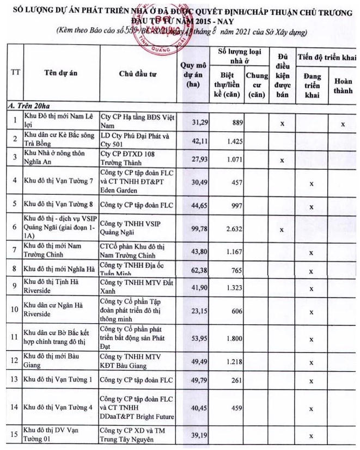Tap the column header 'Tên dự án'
click(x=60, y=75)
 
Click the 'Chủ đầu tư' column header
click(x=138, y=75)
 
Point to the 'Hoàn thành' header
click(x=343, y=86)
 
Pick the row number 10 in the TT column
click(x=15, y=312)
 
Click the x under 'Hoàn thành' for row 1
click(x=343, y=124)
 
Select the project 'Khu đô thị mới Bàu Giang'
click(x=54, y=360)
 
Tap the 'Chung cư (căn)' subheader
click(x=257, y=85)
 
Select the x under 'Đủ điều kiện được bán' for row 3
click(x=282, y=160)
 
